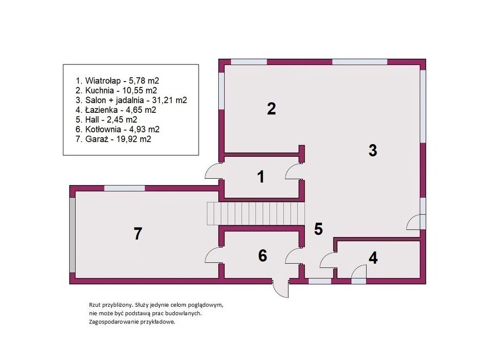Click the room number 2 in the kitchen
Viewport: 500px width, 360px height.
pyautogui.click(x=271, y=109)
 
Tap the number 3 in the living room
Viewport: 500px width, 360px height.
pyautogui.click(x=373, y=150)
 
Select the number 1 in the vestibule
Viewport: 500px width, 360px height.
pyautogui.click(x=261, y=177)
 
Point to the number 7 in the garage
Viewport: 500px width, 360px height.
pyautogui.click(x=137, y=233)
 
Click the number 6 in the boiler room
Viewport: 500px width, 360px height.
pyautogui.click(x=262, y=256)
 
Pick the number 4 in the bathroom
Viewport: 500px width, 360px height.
pyautogui.click(x=373, y=258)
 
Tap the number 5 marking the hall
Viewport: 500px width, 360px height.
pyautogui.click(x=318, y=229)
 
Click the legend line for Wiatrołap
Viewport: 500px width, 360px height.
pyautogui.click(x=117, y=81)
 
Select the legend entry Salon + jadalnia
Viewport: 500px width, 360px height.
pyautogui.click(x=131, y=100)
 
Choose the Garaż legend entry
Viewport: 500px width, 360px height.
pyautogui.click(x=113, y=139)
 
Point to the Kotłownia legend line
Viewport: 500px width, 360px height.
pyautogui.click(x=117, y=129)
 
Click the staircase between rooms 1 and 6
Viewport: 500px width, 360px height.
pyautogui.click(x=255, y=213)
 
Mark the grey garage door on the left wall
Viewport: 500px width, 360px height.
pyautogui.click(x=73, y=235)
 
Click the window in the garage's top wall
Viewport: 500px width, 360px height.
pyautogui.click(x=125, y=188)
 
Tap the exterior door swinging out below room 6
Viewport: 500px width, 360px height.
pyautogui.click(x=281, y=289)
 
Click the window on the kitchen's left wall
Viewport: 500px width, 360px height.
pyautogui.click(x=221, y=91)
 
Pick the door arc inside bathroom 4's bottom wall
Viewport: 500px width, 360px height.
pyautogui.click(x=359, y=273)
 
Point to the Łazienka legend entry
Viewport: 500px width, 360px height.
pyautogui.click(x=116, y=110)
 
